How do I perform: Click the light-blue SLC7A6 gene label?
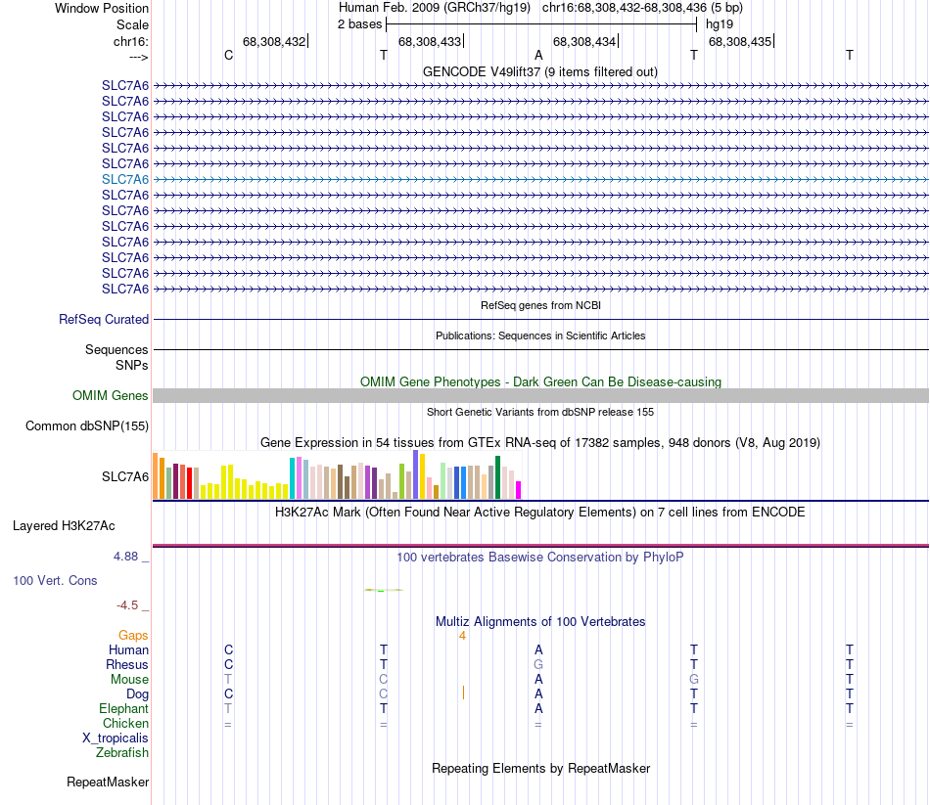point(125,179)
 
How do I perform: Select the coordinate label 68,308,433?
point(429,41)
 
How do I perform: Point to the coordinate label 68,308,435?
point(739,41)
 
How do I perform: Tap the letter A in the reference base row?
point(538,55)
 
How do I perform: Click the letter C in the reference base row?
point(228,55)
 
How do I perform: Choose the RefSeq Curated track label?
point(104,319)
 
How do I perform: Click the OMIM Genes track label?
point(111,396)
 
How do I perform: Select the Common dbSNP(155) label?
point(87,425)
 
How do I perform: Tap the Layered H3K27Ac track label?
point(64,525)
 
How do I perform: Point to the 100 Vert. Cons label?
point(55,580)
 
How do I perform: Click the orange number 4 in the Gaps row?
point(462,635)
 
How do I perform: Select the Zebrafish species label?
point(122,752)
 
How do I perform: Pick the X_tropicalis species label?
point(116,738)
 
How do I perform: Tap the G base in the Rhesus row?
point(538,664)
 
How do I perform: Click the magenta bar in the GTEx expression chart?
point(519,489)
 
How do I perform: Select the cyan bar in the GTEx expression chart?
point(292,477)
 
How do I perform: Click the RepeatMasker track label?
point(108,782)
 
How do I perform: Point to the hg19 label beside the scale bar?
point(720,23)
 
